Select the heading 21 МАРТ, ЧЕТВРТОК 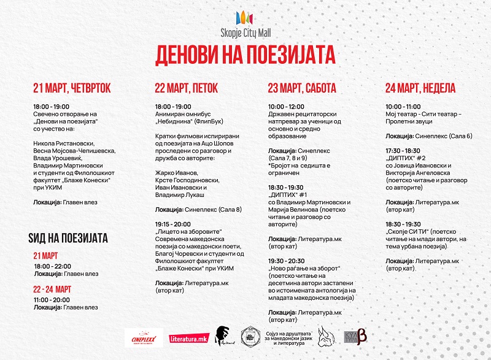coord(72,88)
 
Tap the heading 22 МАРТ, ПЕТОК coord(187,88)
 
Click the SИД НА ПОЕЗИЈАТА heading coord(68,237)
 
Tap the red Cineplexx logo coord(141,336)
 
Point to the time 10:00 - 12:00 coord(286,107)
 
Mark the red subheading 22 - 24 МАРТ coord(53,289)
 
